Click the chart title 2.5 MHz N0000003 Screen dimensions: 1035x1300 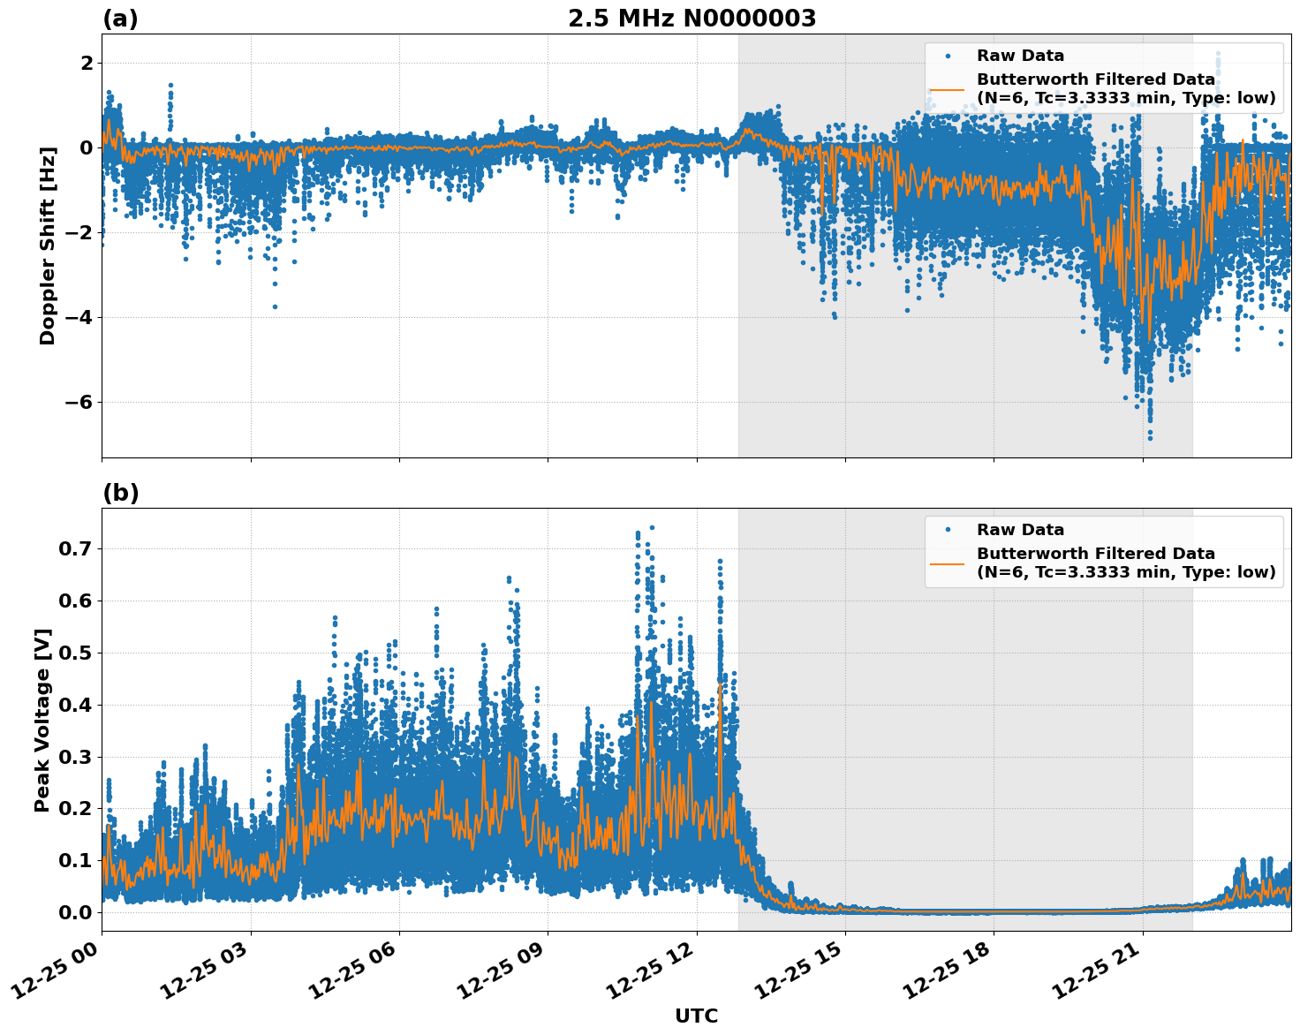[x=692, y=19]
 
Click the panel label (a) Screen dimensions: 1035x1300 [x=120, y=19]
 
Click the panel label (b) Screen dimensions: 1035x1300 [x=120, y=493]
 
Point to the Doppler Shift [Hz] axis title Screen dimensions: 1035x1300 [x=48, y=246]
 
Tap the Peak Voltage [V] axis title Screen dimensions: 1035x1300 [x=42, y=720]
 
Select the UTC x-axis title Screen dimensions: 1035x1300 [x=696, y=1016]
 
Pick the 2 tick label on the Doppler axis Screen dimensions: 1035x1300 [x=87, y=63]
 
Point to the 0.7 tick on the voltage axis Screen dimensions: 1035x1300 [x=75, y=548]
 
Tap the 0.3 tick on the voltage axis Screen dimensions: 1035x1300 [x=75, y=757]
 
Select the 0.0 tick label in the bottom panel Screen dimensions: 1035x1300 [x=75, y=912]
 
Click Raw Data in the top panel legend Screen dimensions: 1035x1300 [x=1020, y=56]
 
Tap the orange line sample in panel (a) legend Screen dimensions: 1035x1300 [x=947, y=89]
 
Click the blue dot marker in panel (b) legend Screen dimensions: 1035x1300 [x=947, y=530]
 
